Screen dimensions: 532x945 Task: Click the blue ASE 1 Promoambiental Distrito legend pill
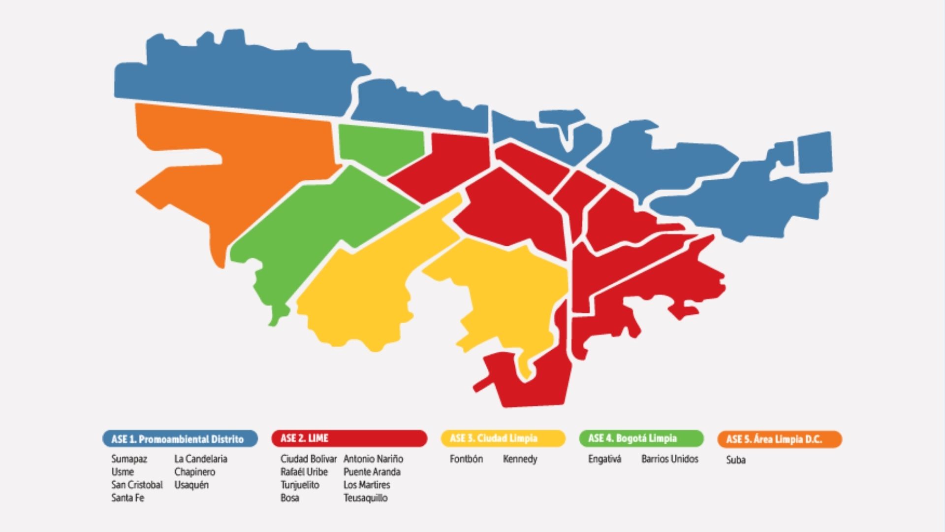coord(180,439)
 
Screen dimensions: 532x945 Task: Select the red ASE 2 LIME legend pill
coord(349,438)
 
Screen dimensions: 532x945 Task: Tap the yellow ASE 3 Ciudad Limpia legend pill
coord(503,438)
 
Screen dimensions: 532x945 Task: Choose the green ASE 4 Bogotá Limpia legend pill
coord(641,438)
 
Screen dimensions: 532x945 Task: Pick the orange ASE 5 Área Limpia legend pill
coord(780,439)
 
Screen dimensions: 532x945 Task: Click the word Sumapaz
coord(129,459)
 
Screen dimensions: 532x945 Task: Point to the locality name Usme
coord(122,472)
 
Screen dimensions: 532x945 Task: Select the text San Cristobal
coord(137,485)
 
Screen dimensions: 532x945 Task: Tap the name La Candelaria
coord(201,459)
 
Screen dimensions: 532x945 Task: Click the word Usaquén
coord(191,485)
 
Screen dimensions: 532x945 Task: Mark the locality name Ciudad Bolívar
coord(309,459)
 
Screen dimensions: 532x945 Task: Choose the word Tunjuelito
coord(300,485)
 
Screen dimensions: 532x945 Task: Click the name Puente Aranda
coord(372,472)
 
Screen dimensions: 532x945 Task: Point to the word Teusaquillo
coord(366,498)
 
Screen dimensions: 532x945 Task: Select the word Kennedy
coord(520,459)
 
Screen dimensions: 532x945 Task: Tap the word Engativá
coord(604,459)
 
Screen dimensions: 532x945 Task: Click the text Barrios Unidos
coord(670,459)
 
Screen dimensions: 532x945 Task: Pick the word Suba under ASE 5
coord(736,460)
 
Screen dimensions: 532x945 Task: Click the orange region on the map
coord(236,163)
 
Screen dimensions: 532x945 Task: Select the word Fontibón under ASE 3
coord(466,459)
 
